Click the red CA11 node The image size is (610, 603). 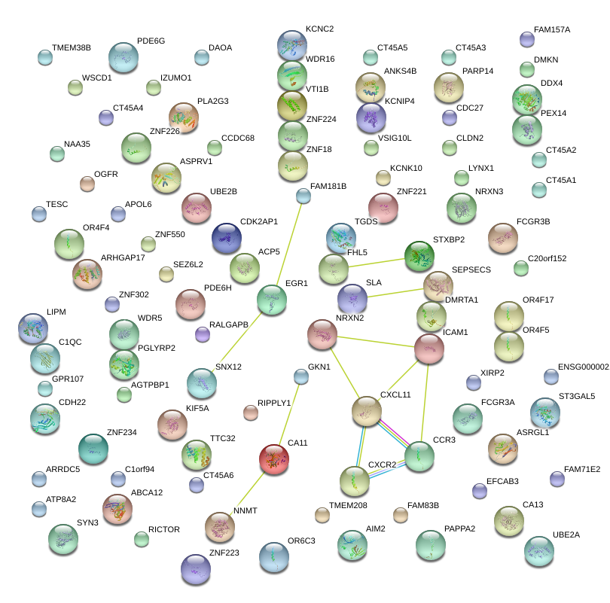pyautogui.click(x=273, y=459)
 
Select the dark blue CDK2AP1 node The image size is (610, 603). pyautogui.click(x=227, y=238)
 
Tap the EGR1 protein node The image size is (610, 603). pyautogui.click(x=272, y=300)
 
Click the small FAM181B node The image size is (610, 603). pyautogui.click(x=303, y=196)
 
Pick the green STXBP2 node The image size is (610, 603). pyautogui.click(x=419, y=256)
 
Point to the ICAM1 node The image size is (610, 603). pyautogui.click(x=429, y=349)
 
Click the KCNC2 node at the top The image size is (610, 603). pyautogui.click(x=291, y=45)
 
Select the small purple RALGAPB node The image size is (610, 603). pyautogui.click(x=202, y=334)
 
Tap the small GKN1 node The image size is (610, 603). pyautogui.click(x=301, y=376)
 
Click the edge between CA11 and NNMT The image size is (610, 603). pyautogui.click(x=246, y=493)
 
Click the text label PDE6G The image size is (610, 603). pyautogui.click(x=151, y=41)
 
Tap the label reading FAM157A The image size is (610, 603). pyautogui.click(x=552, y=30)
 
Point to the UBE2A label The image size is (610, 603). pyautogui.click(x=566, y=534)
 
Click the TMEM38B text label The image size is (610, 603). pyautogui.click(x=72, y=47)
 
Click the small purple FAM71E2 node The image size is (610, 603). pyautogui.click(x=557, y=479)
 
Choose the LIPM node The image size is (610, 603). pyautogui.click(x=33, y=328)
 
